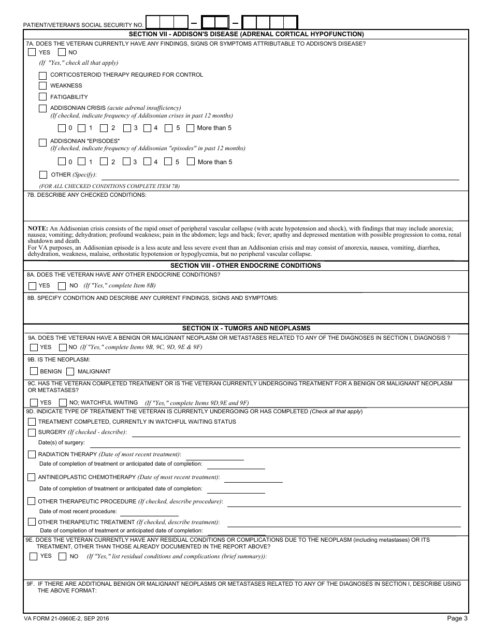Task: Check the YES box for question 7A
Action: [32, 52]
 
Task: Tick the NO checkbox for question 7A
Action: [62, 52]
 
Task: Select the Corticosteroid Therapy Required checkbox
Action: [43, 75]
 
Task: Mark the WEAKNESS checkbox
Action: [43, 86]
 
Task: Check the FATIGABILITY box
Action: [43, 97]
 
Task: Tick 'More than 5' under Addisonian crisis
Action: [190, 128]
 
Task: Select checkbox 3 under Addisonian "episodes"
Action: [127, 162]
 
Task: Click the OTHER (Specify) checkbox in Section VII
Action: [43, 175]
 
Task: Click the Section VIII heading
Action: [245, 266]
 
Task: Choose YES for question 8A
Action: [32, 286]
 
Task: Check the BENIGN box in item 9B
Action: [34, 371]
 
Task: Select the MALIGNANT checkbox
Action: [70, 371]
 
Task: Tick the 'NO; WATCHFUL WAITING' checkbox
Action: [63, 402]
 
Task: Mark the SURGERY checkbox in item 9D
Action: [32, 432]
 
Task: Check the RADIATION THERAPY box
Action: [32, 455]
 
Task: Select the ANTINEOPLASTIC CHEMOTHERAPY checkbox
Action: [32, 477]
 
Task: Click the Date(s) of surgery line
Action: [274, 443]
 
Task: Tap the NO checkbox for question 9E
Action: [63, 557]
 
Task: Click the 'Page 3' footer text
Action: [457, 618]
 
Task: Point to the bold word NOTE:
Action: [38, 228]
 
